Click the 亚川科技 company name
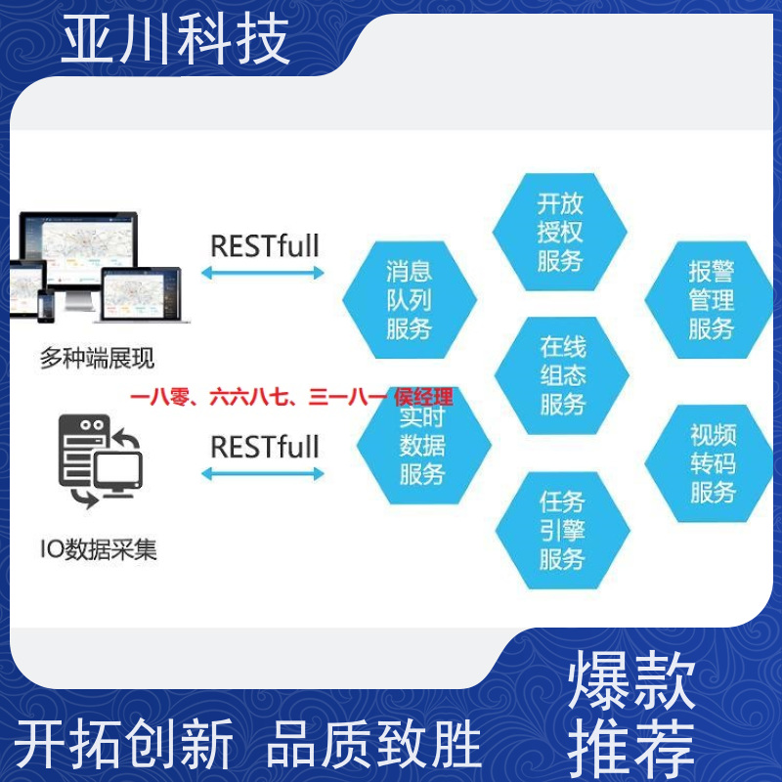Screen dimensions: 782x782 click(175, 39)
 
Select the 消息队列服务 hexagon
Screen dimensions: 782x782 click(410, 300)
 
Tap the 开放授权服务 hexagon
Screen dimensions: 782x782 click(559, 232)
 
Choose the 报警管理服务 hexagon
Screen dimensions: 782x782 click(711, 300)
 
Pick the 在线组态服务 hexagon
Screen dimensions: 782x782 click(561, 375)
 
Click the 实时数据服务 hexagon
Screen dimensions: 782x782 click(423, 446)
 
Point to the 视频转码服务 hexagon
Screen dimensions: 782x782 click(711, 463)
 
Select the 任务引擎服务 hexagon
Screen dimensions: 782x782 click(563, 530)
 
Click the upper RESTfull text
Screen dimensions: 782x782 click(265, 246)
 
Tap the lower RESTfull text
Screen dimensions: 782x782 click(265, 447)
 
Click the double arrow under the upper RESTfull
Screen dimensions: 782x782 click(263, 273)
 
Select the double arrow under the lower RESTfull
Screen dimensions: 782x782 click(263, 474)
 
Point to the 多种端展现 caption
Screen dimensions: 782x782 click(97, 358)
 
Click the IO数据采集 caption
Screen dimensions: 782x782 click(99, 549)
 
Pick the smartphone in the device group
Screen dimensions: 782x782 click(46, 306)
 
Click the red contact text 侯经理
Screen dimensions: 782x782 click(423, 398)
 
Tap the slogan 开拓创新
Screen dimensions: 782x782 click(124, 744)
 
